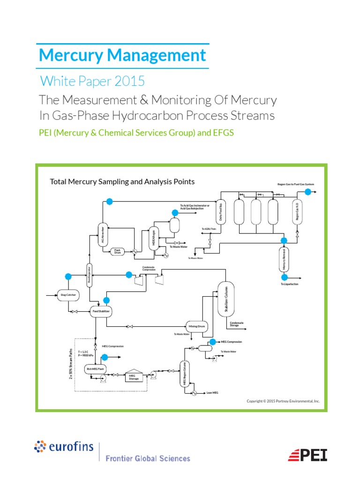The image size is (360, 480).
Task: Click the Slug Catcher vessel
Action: tap(68, 295)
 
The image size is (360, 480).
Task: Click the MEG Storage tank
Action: tap(134, 376)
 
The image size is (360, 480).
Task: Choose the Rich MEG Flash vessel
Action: tap(95, 369)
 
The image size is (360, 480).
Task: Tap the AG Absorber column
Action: tap(102, 235)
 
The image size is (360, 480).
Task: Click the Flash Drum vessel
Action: tap(118, 251)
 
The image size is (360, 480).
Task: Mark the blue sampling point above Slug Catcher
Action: tap(68, 276)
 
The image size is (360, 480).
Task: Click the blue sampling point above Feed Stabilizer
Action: tap(106, 300)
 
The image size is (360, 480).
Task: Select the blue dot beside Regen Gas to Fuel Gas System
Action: tap(307, 191)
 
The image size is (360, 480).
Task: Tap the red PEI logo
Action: tap(307, 455)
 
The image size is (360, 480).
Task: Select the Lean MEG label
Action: tap(212, 393)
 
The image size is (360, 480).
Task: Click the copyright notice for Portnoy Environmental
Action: tap(283, 401)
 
